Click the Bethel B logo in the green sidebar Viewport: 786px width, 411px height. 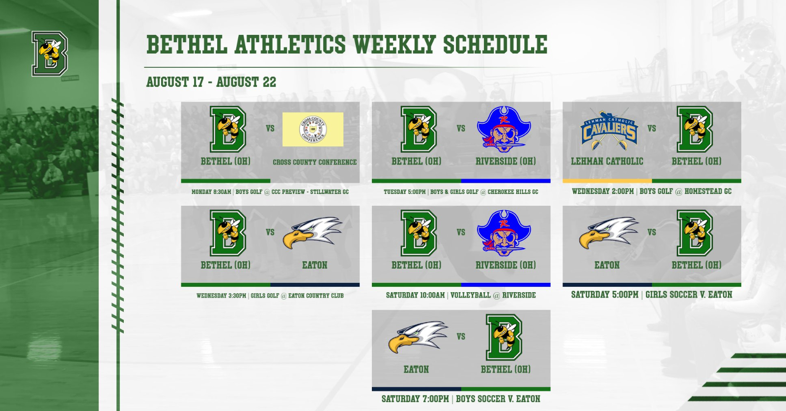pyautogui.click(x=50, y=54)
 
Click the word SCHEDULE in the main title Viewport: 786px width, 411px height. pyautogui.click(x=495, y=45)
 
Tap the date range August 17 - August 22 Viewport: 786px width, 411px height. pyautogui.click(x=211, y=82)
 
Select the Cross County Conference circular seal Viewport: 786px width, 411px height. pyautogui.click(x=312, y=130)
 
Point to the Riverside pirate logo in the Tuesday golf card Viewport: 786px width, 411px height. pyautogui.click(x=504, y=129)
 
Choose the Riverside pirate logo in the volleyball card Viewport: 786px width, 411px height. pyautogui.click(x=504, y=233)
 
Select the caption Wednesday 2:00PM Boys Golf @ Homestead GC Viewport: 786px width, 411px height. pyautogui.click(x=651, y=192)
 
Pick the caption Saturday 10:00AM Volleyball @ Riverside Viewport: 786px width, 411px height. pyautogui.click(x=461, y=295)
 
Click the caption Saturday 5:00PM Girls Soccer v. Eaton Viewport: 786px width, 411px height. pyautogui.click(x=651, y=295)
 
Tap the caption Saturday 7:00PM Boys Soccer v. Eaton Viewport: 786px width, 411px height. pyautogui.click(x=461, y=399)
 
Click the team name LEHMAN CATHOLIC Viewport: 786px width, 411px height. pyautogui.click(x=607, y=162)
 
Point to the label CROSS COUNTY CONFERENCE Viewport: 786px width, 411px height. pyautogui.click(x=315, y=162)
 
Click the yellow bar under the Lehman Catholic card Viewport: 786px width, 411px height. pyautogui.click(x=607, y=181)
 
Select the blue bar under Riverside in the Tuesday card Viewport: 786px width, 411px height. pyautogui.click(x=505, y=181)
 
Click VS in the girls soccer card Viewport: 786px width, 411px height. pyautogui.click(x=651, y=232)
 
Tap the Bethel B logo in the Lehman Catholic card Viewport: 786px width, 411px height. pyautogui.click(x=695, y=129)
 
